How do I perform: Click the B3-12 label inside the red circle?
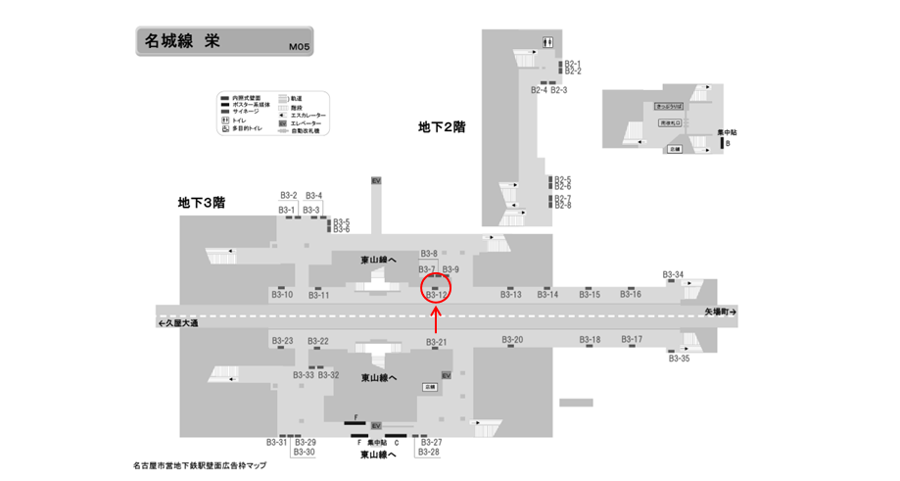point(437,295)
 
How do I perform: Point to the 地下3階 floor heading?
point(202,203)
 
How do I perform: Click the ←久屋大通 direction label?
point(176,323)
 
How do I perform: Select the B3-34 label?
point(673,274)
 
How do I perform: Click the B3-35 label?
point(679,359)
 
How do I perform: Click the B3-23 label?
point(281,341)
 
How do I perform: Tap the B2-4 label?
point(539,90)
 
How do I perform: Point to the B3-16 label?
point(631,295)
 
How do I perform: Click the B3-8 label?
point(429,254)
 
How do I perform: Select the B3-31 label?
point(277,442)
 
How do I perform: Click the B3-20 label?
point(512,340)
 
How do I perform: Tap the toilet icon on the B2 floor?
point(548,41)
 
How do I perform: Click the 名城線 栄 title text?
point(182,41)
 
